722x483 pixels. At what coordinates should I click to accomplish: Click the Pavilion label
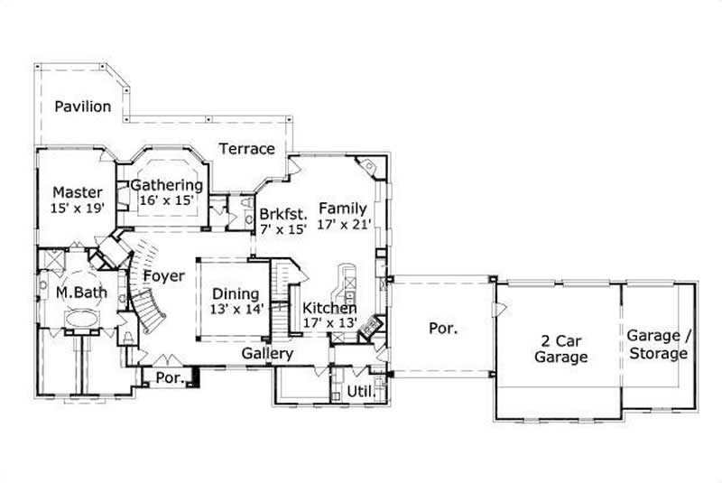pos(82,107)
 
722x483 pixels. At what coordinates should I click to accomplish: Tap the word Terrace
pos(246,148)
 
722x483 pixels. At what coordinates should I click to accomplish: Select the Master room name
pos(77,191)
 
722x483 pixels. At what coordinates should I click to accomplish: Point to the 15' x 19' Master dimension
pos(78,208)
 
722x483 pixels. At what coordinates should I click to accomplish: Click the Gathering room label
pos(167,186)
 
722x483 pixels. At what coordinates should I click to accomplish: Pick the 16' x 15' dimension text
pos(167,201)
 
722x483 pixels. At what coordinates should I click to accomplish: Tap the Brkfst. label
pos(284,215)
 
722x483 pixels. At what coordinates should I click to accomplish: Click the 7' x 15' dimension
pos(284,229)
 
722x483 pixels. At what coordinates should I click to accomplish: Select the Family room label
pos(342,209)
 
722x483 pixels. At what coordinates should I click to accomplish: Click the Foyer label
pos(163,276)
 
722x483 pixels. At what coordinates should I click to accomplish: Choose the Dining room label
pos(236,293)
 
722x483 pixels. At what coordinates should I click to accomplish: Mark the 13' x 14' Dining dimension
pos(236,309)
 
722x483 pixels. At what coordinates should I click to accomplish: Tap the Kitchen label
pos(329,308)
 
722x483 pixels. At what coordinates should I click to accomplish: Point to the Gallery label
pos(267,354)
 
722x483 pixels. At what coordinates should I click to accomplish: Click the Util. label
pos(359,393)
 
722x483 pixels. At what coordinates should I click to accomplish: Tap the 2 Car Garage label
pos(560,348)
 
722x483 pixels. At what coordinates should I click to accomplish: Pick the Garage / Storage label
pos(658,345)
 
